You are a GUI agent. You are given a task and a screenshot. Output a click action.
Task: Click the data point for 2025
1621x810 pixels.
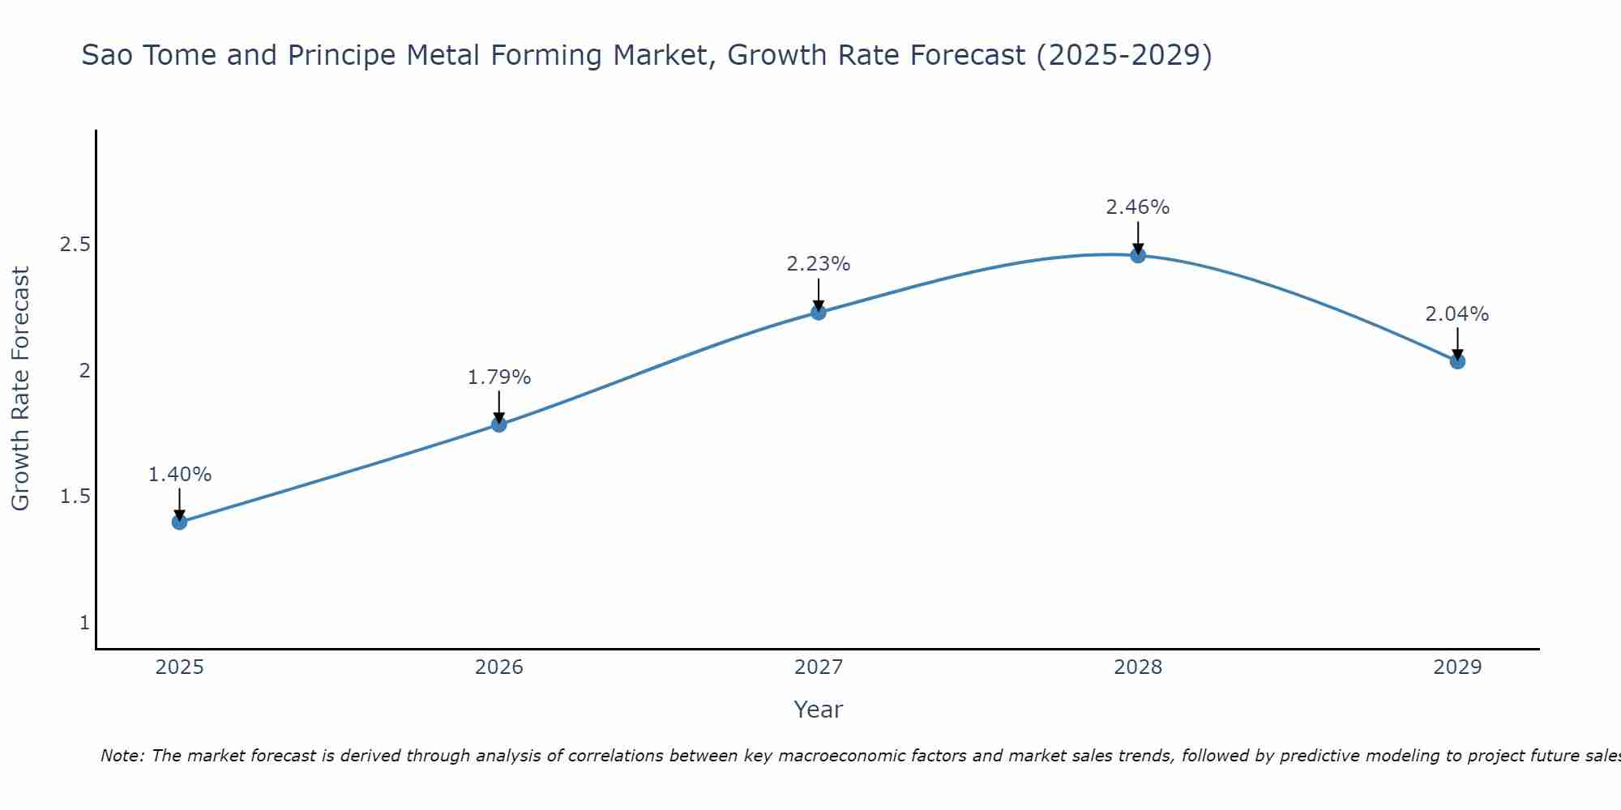click(x=179, y=522)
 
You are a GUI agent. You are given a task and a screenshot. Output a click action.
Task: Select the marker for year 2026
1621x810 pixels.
click(x=499, y=424)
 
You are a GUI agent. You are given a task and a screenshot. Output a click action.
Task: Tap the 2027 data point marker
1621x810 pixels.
click(x=819, y=312)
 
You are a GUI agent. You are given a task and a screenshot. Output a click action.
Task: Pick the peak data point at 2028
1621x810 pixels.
click(x=1138, y=255)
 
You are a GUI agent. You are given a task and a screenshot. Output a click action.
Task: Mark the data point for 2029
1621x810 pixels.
click(x=1457, y=361)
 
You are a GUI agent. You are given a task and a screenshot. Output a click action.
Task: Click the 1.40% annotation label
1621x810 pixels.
click(x=179, y=475)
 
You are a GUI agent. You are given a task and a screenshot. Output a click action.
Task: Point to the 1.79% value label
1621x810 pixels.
click(x=499, y=377)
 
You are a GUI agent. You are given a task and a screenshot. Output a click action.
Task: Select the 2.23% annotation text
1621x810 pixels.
click(x=819, y=264)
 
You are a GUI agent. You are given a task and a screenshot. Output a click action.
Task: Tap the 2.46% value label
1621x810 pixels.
click(x=1138, y=207)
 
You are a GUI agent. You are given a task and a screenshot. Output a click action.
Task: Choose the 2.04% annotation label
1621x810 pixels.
click(x=1457, y=314)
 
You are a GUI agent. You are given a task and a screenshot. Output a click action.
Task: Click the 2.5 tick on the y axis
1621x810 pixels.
click(x=75, y=245)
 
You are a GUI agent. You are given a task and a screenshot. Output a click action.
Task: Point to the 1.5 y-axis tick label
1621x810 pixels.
click(x=75, y=497)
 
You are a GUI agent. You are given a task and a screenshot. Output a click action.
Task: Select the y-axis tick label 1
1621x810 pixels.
click(x=84, y=623)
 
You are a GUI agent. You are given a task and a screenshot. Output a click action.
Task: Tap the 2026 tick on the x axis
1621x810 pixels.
click(x=499, y=667)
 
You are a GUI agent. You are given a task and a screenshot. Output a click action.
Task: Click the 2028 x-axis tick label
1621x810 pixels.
click(x=1138, y=667)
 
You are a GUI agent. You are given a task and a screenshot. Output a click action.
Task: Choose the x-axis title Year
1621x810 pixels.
click(x=819, y=710)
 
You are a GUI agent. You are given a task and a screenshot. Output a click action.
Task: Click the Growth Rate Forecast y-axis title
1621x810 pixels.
click(x=21, y=389)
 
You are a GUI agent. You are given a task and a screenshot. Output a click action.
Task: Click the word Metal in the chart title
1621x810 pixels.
click(x=444, y=55)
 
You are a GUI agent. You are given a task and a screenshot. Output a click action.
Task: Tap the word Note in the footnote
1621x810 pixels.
click(x=122, y=756)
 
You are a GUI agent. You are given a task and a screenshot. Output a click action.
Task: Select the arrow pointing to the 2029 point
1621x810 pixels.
click(x=1457, y=343)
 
